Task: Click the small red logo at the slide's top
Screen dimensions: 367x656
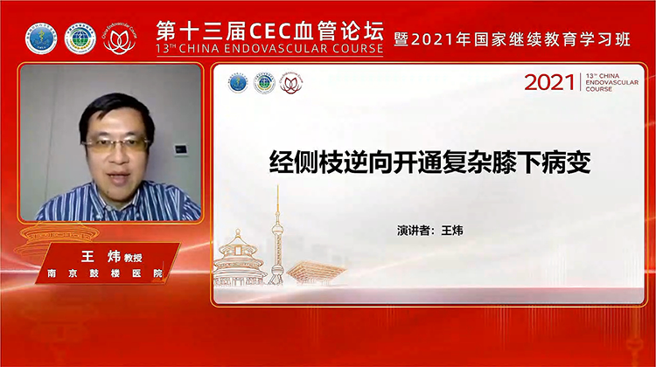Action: pos(291,83)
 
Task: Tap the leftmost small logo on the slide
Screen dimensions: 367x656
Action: pos(238,83)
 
